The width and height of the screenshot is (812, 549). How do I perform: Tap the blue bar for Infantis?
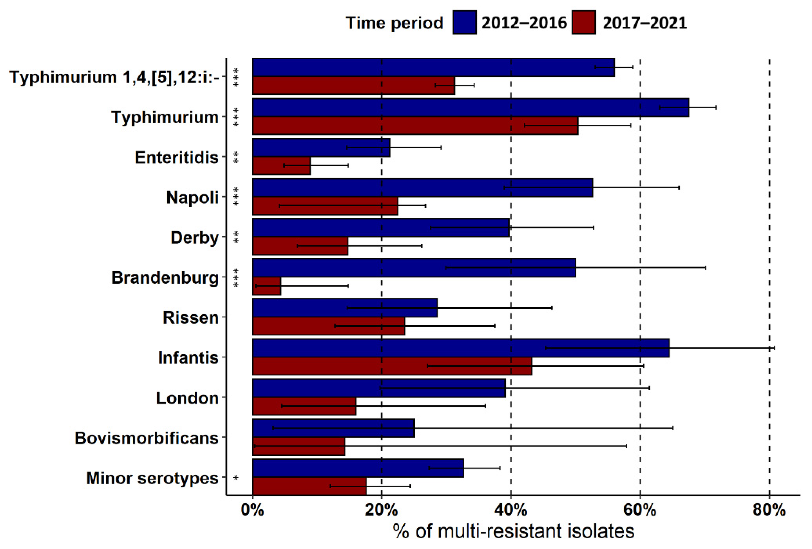[461, 348]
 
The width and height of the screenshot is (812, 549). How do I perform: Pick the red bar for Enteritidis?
[281, 165]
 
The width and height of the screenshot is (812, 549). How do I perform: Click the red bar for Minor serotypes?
[309, 486]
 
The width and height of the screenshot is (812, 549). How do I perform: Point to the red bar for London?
[304, 406]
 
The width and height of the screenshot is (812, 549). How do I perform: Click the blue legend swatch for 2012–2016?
[464, 23]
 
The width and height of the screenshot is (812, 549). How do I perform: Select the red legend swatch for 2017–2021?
[584, 23]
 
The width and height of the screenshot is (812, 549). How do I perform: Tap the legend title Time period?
[394, 23]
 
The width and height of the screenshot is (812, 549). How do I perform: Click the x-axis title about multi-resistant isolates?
[513, 531]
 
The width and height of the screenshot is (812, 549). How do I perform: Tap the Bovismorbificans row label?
[146, 438]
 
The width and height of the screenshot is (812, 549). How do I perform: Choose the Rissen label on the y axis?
[190, 318]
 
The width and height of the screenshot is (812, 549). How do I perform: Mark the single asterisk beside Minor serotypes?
[236, 478]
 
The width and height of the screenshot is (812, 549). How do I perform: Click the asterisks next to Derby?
[236, 237]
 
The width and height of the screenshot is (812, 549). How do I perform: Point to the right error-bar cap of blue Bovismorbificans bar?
[673, 428]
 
